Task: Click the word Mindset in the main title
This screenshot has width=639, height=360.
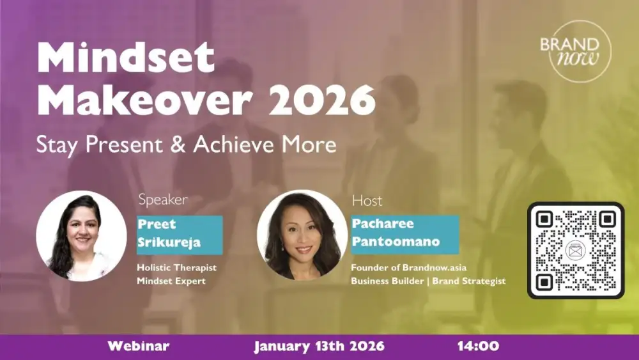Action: [x=125, y=59]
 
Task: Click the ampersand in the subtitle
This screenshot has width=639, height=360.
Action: [x=181, y=145]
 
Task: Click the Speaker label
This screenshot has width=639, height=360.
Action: [x=163, y=200]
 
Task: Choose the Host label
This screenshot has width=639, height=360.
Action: [x=367, y=200]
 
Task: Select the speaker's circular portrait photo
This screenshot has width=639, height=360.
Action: [x=81, y=236]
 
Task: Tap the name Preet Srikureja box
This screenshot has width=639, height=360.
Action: [x=180, y=235]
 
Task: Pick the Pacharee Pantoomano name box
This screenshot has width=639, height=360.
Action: [x=404, y=235]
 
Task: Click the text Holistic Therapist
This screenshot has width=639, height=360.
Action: [x=176, y=269]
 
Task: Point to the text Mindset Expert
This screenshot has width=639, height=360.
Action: [x=171, y=281]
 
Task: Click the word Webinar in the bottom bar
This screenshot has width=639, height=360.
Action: [x=138, y=347]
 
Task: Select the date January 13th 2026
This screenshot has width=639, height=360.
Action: [x=319, y=347]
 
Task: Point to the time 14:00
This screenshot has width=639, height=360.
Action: [x=478, y=347]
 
